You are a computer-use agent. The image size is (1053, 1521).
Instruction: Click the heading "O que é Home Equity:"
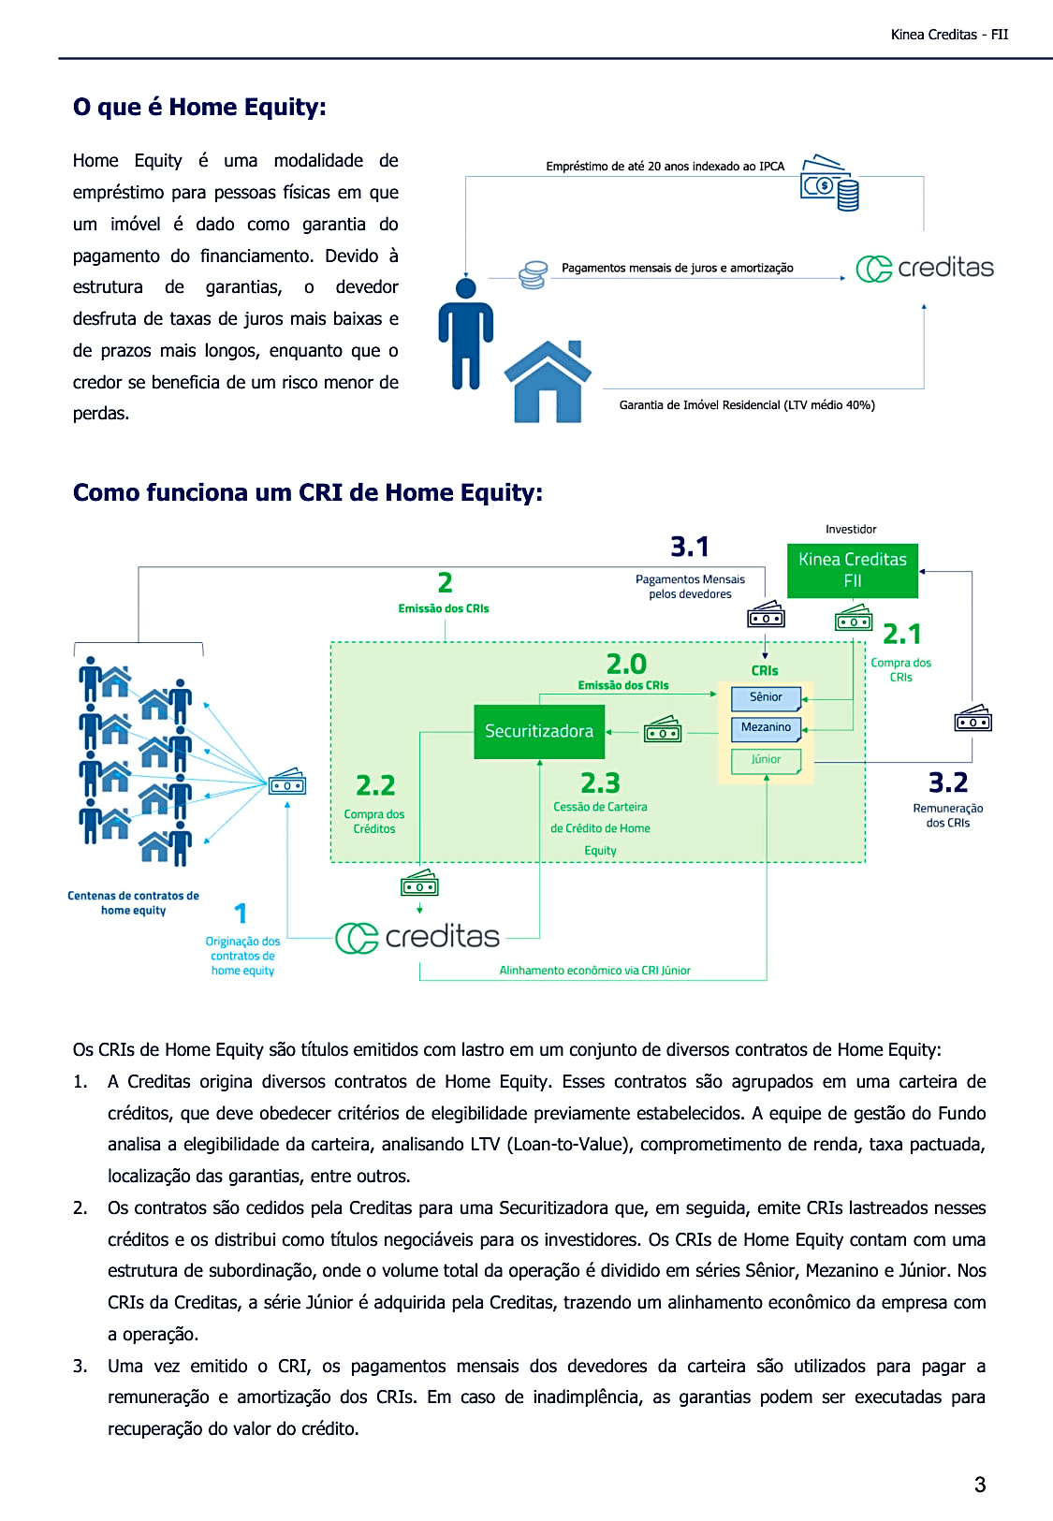199,108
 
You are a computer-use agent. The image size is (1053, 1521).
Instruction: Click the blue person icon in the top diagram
465,334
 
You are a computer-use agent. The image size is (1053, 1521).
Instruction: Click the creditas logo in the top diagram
925,269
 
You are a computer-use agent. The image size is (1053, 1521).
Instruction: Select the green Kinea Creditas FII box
852,570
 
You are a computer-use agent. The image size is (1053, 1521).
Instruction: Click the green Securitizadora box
539,731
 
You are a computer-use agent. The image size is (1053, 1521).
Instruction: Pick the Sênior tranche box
766,697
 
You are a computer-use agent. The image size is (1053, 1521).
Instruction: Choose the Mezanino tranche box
766,727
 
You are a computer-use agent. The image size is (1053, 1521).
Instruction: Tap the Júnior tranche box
766,760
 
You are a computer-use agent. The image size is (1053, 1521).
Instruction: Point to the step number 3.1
690,547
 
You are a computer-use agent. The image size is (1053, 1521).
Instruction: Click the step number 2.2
375,785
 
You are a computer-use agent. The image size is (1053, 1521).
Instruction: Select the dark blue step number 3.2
947,782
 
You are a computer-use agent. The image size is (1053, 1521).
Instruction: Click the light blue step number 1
241,914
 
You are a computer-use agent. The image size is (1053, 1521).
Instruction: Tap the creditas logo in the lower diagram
417,937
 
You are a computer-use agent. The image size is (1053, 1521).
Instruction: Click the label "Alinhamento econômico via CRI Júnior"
594,971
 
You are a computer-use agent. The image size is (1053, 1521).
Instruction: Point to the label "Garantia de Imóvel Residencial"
747,405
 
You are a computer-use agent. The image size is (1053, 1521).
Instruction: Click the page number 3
980,1484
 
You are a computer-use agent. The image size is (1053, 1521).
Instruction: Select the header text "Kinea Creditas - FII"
949,35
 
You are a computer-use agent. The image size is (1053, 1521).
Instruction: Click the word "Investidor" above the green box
851,530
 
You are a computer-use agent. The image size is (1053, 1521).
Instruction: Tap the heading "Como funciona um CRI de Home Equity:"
308,493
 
